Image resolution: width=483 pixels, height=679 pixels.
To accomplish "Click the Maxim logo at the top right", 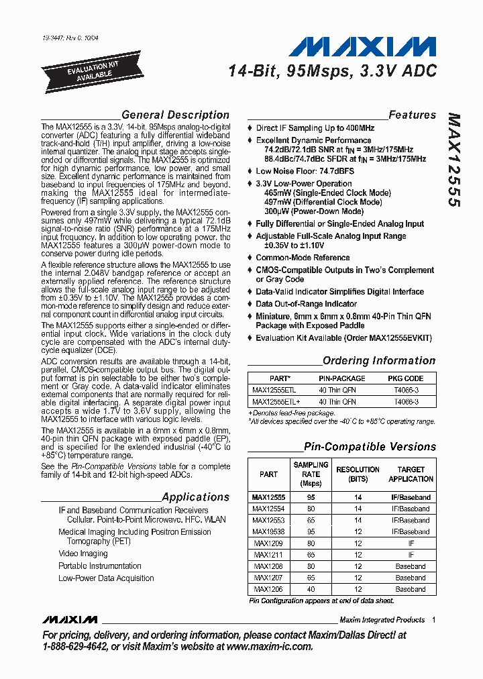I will click(x=363, y=47).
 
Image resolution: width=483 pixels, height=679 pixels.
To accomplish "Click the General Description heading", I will click(x=175, y=115).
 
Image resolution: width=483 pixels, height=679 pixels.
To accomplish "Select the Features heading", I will click(x=412, y=115).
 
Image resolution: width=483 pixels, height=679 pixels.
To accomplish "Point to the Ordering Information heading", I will click(x=379, y=360).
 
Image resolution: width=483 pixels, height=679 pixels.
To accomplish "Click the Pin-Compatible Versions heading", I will click(x=370, y=446).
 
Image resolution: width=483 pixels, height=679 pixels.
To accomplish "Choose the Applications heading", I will click(x=196, y=497).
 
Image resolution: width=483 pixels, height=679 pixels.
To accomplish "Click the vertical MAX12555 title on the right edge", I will click(x=453, y=161).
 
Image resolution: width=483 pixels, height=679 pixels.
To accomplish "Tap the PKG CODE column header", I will click(x=405, y=378).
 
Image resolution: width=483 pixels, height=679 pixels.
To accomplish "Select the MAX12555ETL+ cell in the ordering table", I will click(x=272, y=401).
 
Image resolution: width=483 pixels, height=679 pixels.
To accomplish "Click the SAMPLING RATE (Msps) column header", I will click(x=311, y=474).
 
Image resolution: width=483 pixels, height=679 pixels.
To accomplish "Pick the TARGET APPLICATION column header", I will click(x=411, y=474).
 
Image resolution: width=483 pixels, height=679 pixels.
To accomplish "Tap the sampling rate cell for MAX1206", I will click(x=311, y=588).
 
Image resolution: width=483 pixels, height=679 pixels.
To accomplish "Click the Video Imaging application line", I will click(x=83, y=554).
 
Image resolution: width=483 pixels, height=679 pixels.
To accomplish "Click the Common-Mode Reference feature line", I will click(x=303, y=257).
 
